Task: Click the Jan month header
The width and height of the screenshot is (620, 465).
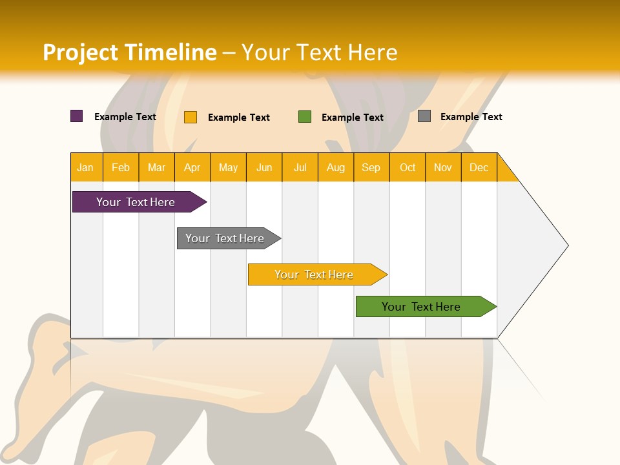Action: pos(86,167)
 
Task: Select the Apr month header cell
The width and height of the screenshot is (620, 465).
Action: pos(192,167)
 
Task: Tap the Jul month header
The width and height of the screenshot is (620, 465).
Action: pos(300,167)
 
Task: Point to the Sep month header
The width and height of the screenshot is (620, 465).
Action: pos(371,167)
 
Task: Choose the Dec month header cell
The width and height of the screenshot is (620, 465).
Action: pos(479,167)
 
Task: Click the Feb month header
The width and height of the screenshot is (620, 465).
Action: pos(121,167)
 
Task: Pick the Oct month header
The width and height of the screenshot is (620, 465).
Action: pos(408,167)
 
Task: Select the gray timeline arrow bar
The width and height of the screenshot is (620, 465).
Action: pos(226,238)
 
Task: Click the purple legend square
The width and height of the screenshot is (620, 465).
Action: pos(77,116)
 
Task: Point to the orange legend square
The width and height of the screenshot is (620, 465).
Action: pos(191,117)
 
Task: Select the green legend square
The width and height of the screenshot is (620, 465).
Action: pos(305,117)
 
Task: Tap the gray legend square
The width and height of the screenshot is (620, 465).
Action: pos(424,116)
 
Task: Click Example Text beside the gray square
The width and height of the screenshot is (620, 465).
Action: pos(471,117)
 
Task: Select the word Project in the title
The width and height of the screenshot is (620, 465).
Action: pos(80,52)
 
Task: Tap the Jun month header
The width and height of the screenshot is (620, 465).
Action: pos(264,167)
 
